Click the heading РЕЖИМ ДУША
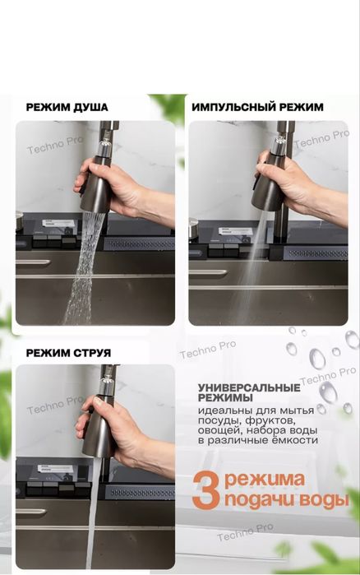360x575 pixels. (67, 108)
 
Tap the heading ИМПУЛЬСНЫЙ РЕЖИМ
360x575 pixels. (258, 107)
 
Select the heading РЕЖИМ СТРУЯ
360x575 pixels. (68, 353)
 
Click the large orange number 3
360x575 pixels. (205, 490)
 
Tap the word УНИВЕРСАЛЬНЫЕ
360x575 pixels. (249, 388)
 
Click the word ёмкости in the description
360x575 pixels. (294, 440)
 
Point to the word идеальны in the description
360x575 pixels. (225, 410)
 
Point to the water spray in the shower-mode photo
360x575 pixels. (83, 267)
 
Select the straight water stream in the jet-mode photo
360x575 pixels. (93, 513)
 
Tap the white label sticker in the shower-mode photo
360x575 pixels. (58, 223)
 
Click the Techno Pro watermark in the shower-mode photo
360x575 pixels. (55, 146)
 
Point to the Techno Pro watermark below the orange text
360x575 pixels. (246, 532)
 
